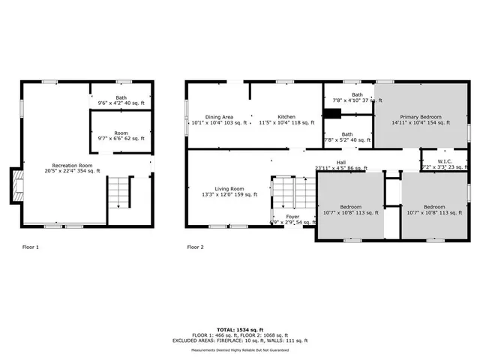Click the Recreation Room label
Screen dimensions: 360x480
pos(72,168)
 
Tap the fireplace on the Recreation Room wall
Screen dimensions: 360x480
pos(14,185)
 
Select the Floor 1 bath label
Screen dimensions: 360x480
pos(121,100)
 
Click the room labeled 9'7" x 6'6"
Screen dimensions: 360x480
pos(121,136)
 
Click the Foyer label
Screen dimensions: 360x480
pos(292,219)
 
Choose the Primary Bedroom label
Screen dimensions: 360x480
pos(420,120)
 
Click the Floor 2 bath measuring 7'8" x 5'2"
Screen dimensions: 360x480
pos(347,137)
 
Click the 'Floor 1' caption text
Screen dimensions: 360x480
pos(31,247)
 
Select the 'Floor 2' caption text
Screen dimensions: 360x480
pos(195,247)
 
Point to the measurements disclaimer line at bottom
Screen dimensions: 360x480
pos(240,349)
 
